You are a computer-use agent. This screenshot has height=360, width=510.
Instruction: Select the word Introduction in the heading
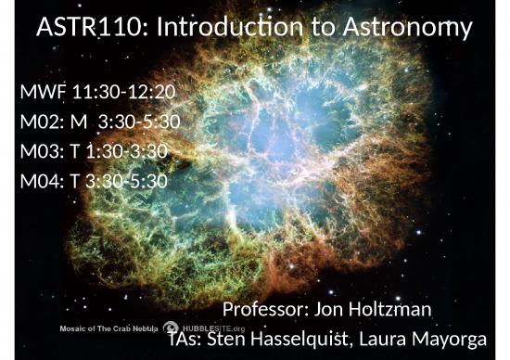(230, 30)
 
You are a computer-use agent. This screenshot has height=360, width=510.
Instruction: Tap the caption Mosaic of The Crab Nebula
(108, 329)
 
